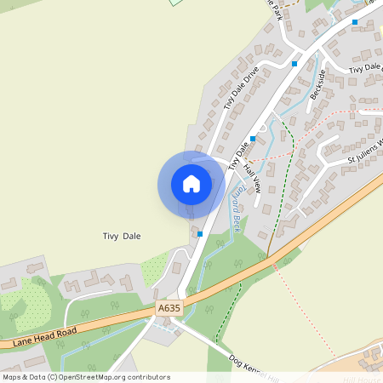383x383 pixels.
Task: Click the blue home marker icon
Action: coord(191,183)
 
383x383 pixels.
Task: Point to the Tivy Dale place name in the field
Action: coord(122,236)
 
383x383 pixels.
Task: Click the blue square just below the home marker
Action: coord(200,233)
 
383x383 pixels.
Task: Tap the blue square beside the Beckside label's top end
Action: coord(294,63)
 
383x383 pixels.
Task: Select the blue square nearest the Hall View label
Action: coord(253,138)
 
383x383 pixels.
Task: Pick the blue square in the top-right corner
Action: coord(355,22)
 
